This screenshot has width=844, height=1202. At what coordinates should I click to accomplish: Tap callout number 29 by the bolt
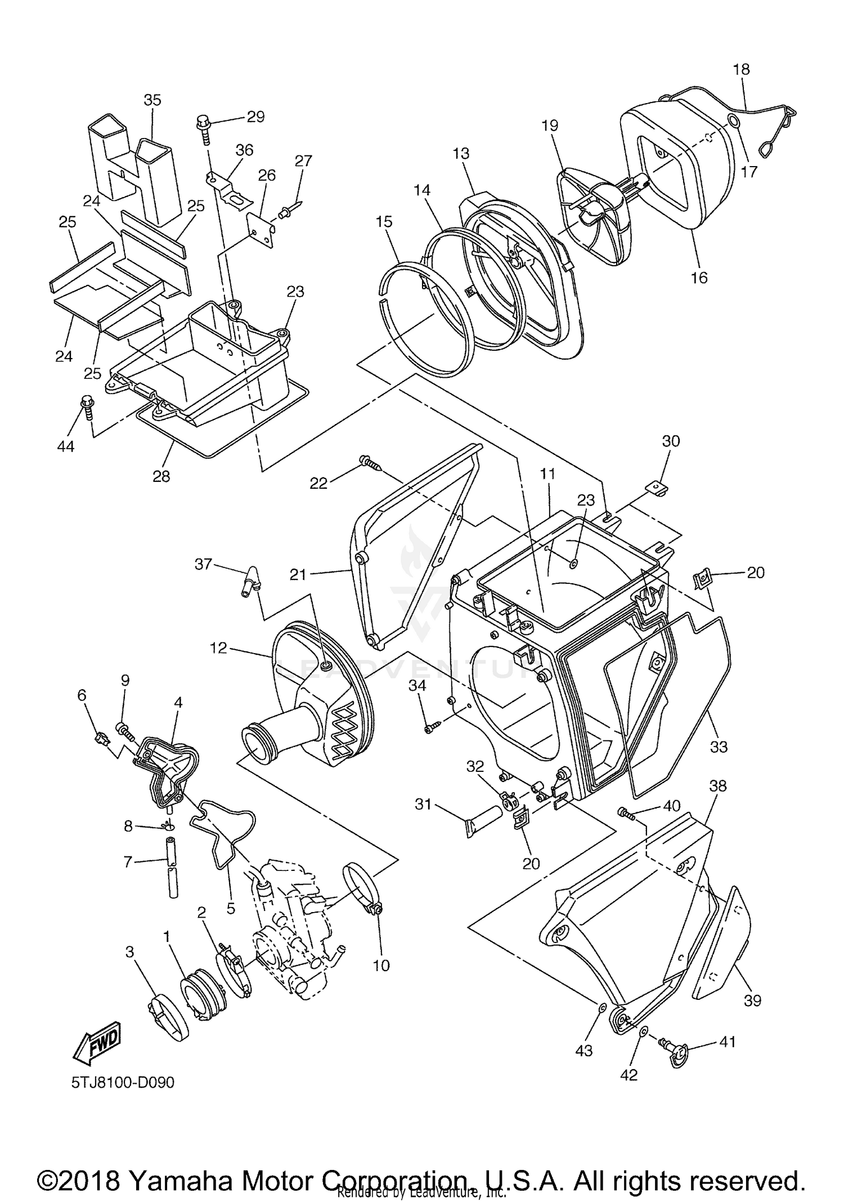pos(255,117)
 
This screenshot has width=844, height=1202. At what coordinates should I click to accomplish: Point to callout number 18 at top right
pos(742,69)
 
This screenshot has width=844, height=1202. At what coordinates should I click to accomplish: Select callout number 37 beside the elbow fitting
pos(204,563)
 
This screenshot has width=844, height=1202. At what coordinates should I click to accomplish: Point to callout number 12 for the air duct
pos(218,648)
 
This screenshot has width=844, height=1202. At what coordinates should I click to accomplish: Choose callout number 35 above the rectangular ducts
pos(152,100)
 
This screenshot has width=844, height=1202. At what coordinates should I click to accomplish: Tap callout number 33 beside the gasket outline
pos(719,747)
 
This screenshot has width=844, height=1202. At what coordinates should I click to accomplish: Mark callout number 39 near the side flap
pos(752,1000)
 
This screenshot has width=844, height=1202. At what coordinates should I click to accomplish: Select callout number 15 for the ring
pos(384,222)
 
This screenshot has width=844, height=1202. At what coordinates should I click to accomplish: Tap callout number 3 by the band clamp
pos(129,951)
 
